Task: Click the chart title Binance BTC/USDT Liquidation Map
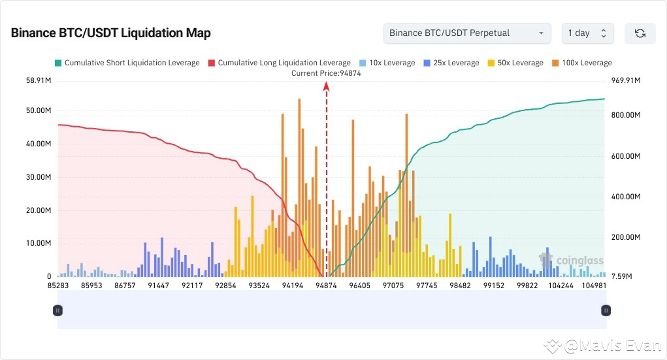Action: [x=110, y=33]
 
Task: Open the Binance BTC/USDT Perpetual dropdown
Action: [x=466, y=33]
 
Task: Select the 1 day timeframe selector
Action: [x=587, y=33]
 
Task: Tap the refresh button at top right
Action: [x=640, y=33]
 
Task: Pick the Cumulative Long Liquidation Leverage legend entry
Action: [x=279, y=63]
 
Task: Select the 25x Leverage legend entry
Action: [x=451, y=63]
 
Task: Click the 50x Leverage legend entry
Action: [x=515, y=63]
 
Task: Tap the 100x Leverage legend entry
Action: [x=581, y=63]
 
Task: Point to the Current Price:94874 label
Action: [x=326, y=73]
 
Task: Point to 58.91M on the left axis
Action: [x=38, y=81]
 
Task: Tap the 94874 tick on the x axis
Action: [x=326, y=286]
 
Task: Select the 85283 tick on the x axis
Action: [x=60, y=286]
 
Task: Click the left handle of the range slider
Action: [x=57, y=310]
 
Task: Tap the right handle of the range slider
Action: [x=606, y=310]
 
